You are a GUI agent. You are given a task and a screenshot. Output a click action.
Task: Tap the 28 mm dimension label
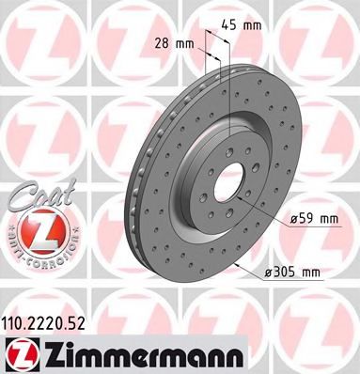pos(173,43)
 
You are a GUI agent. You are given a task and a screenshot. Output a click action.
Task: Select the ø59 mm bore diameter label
pos(314,219)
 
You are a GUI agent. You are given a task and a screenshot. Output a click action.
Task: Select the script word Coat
pos(34,194)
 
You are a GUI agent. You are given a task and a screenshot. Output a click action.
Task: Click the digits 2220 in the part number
pos(57,319)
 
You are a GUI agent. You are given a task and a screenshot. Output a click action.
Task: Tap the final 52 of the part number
pos(93,319)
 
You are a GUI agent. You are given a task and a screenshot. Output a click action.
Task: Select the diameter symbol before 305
pos(269,273)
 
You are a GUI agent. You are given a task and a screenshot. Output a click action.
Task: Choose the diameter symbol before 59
pos(293,219)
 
